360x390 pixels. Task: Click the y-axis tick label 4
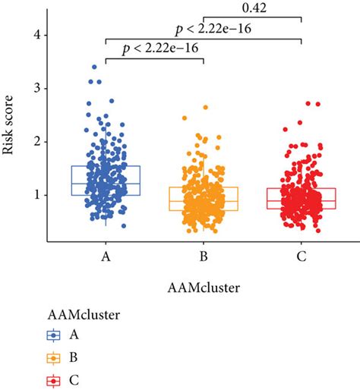coord(36,36)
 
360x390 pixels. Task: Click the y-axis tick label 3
coord(36,89)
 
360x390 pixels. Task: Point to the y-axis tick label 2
coord(36,142)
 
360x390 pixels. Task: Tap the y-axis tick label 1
coord(36,195)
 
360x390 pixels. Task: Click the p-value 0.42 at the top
coord(253,8)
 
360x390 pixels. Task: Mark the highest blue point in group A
coord(94,67)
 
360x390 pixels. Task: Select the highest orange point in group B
coord(205,108)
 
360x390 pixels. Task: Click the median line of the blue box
coord(106,184)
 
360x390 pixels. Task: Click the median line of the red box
coord(302,200)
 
